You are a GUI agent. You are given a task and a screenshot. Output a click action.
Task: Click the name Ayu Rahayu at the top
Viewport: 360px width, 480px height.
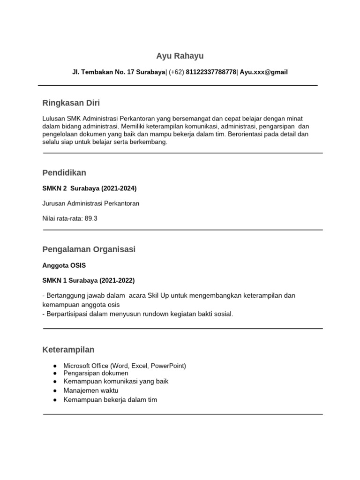(x=180, y=56)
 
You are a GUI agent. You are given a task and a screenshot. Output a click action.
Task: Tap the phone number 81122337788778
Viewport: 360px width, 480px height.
(x=211, y=72)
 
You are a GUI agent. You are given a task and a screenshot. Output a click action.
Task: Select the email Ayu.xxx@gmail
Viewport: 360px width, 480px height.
(x=264, y=72)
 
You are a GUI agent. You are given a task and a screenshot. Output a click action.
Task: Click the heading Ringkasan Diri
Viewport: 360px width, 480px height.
(x=71, y=103)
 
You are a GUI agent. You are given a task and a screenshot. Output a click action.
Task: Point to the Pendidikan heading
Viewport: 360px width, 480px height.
(x=64, y=173)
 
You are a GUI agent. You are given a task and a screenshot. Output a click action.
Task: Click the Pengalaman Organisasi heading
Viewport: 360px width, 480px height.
(x=89, y=249)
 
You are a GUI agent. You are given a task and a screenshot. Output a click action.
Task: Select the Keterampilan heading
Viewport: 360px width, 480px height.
(x=68, y=350)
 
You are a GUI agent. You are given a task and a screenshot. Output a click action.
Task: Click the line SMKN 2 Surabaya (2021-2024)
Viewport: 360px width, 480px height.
(x=90, y=188)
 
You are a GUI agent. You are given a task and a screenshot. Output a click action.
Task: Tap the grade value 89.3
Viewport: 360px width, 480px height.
(x=91, y=218)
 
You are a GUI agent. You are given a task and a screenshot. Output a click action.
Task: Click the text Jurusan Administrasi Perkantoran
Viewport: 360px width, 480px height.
(x=91, y=203)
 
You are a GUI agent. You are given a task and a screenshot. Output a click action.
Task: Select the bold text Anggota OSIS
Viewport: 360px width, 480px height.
(x=64, y=265)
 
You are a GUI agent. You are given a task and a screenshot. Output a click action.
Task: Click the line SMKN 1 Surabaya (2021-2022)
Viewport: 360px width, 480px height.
(x=89, y=280)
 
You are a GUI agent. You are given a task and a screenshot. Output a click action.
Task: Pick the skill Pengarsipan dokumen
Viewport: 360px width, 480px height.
(x=96, y=373)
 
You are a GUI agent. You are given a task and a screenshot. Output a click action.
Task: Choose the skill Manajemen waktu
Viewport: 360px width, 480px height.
(x=91, y=390)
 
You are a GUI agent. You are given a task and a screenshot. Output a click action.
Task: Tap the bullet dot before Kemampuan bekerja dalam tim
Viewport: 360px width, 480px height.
(x=55, y=400)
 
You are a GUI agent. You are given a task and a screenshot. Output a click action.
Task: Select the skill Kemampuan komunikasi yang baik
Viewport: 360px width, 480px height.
(x=116, y=382)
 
